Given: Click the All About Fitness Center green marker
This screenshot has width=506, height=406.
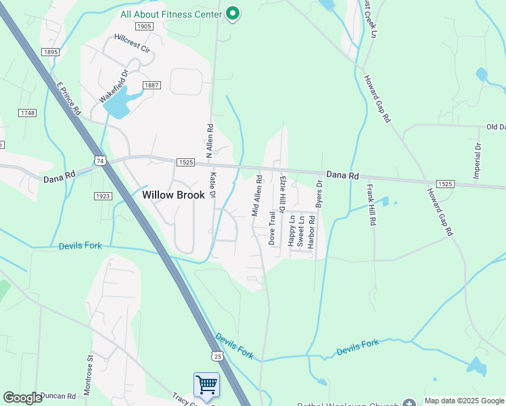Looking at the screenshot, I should click(x=233, y=14).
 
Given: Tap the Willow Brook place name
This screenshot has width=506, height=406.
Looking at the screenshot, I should click(x=172, y=194).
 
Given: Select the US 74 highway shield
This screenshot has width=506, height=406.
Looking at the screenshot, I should click(x=100, y=160).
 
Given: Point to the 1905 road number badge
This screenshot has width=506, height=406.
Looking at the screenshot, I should click(x=143, y=26).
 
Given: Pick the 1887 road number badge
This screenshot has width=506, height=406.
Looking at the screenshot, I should click(x=151, y=85).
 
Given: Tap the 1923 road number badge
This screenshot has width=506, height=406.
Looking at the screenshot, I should click(x=103, y=196).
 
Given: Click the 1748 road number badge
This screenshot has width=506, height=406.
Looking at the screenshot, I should click(x=28, y=113).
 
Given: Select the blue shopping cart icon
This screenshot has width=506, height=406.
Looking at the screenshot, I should click(x=206, y=384).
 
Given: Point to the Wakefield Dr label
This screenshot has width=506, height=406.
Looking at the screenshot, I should click(x=114, y=86).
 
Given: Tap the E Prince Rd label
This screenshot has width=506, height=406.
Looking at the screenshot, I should click(x=68, y=99).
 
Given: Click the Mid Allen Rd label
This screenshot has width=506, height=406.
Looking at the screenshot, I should click(x=256, y=197).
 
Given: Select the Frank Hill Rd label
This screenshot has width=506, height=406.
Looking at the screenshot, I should click(x=371, y=204).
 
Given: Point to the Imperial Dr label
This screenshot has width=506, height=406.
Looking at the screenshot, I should click(x=478, y=160).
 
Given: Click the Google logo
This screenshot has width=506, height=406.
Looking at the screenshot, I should click(x=23, y=398).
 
